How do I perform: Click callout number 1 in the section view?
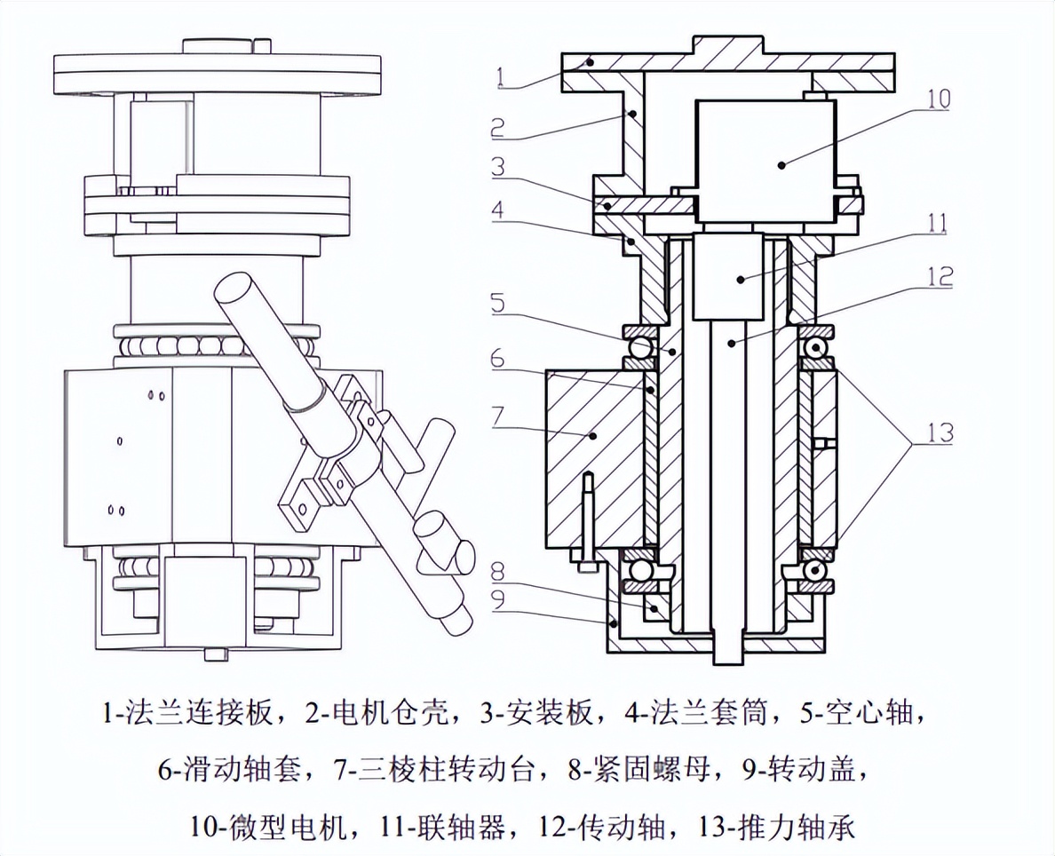(502, 77)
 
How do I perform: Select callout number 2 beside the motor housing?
(498, 126)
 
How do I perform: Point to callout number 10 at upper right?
(937, 98)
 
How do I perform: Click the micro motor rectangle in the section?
(765, 160)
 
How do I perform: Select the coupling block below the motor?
(727, 276)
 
